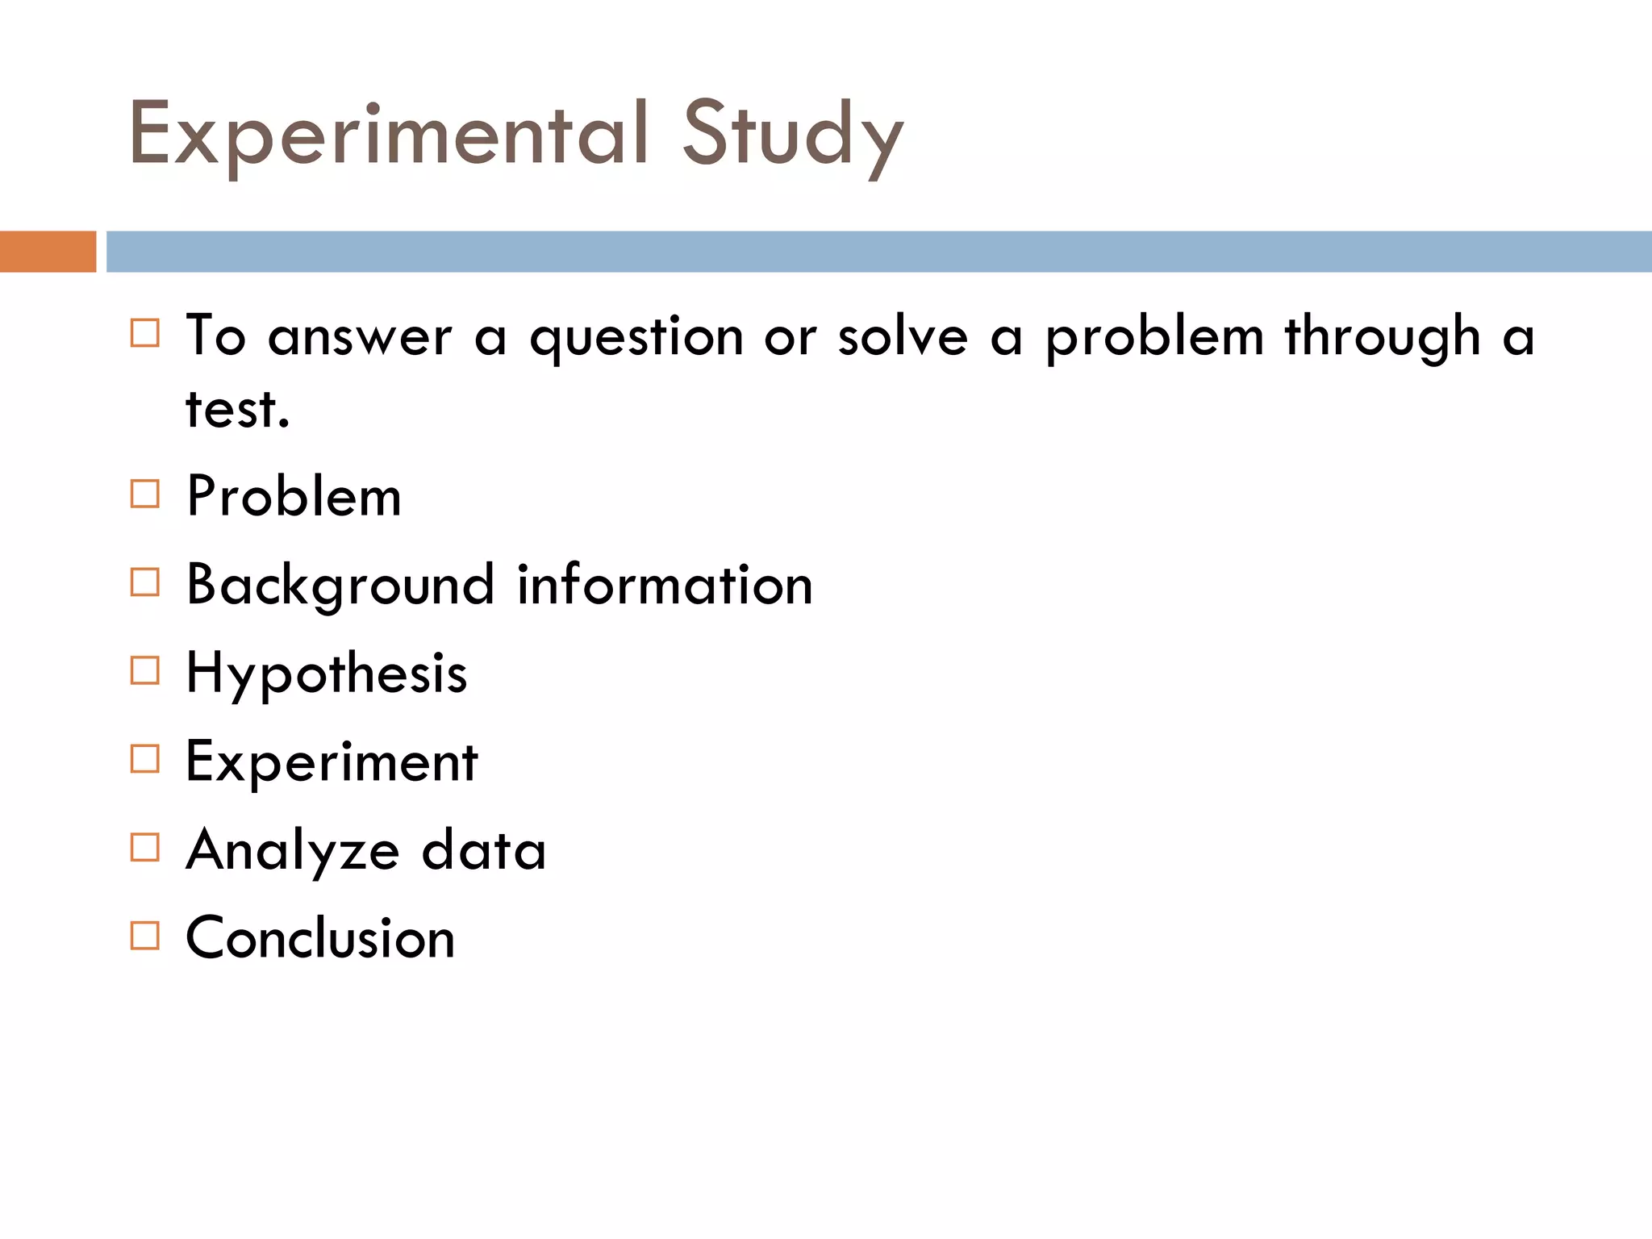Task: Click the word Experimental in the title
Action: (x=388, y=135)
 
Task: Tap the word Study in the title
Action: (x=793, y=135)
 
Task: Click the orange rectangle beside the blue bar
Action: (x=48, y=252)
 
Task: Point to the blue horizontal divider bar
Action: (x=878, y=252)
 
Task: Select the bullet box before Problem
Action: (x=145, y=494)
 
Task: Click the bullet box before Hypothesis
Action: (x=145, y=670)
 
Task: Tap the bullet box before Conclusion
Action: (x=145, y=936)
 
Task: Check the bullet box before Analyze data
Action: (x=145, y=847)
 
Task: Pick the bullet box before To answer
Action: (x=145, y=332)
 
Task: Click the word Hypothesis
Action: (x=326, y=674)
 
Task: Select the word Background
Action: (x=340, y=585)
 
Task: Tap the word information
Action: (x=665, y=585)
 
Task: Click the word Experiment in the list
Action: (x=332, y=761)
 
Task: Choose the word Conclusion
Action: (x=320, y=938)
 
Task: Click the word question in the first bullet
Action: (x=636, y=337)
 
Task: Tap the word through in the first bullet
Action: (x=1383, y=337)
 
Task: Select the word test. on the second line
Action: (x=237, y=409)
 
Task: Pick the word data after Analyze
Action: (x=484, y=850)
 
